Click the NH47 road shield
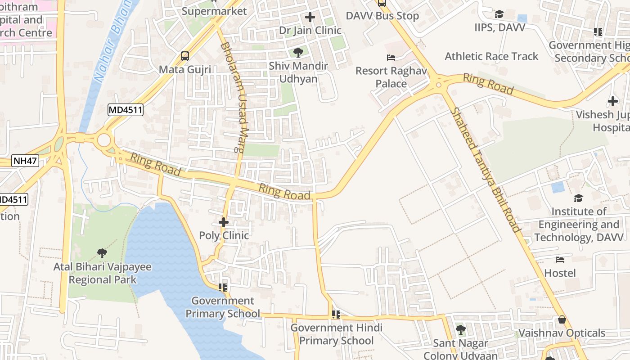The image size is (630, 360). tap(26, 160)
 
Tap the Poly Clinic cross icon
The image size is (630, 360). tap(224, 222)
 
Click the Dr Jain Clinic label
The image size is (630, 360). tap(310, 31)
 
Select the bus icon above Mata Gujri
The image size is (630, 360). tap(185, 56)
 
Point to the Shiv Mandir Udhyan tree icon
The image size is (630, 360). tap(298, 53)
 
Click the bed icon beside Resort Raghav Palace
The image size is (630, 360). tap(391, 58)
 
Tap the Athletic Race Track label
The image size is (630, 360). tap(491, 56)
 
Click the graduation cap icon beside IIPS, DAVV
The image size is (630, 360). tap(499, 14)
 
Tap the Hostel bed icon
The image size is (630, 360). tap(560, 260)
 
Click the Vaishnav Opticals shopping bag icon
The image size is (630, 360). tap(562, 320)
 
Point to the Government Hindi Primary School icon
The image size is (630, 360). tap(336, 314)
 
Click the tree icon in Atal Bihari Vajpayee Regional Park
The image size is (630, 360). tap(102, 253)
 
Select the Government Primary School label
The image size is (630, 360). tap(223, 307)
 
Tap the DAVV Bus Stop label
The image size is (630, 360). tap(382, 16)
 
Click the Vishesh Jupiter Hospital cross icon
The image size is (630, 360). tap(612, 101)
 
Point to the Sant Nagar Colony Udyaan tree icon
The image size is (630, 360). tap(460, 330)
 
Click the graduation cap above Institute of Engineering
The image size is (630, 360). tap(578, 198)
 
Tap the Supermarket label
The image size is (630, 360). tap(215, 11)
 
